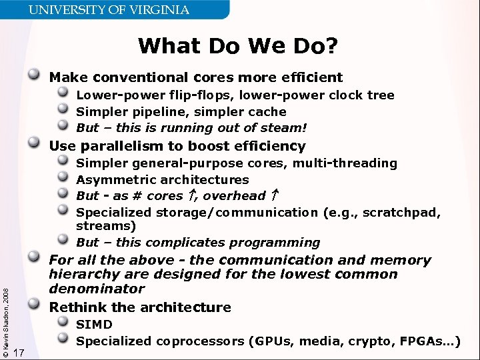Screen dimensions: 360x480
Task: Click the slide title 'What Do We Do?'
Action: pyautogui.click(x=238, y=46)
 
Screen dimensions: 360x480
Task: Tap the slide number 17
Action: pyautogui.click(x=19, y=352)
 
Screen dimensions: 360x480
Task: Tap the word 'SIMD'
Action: pyautogui.click(x=94, y=325)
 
